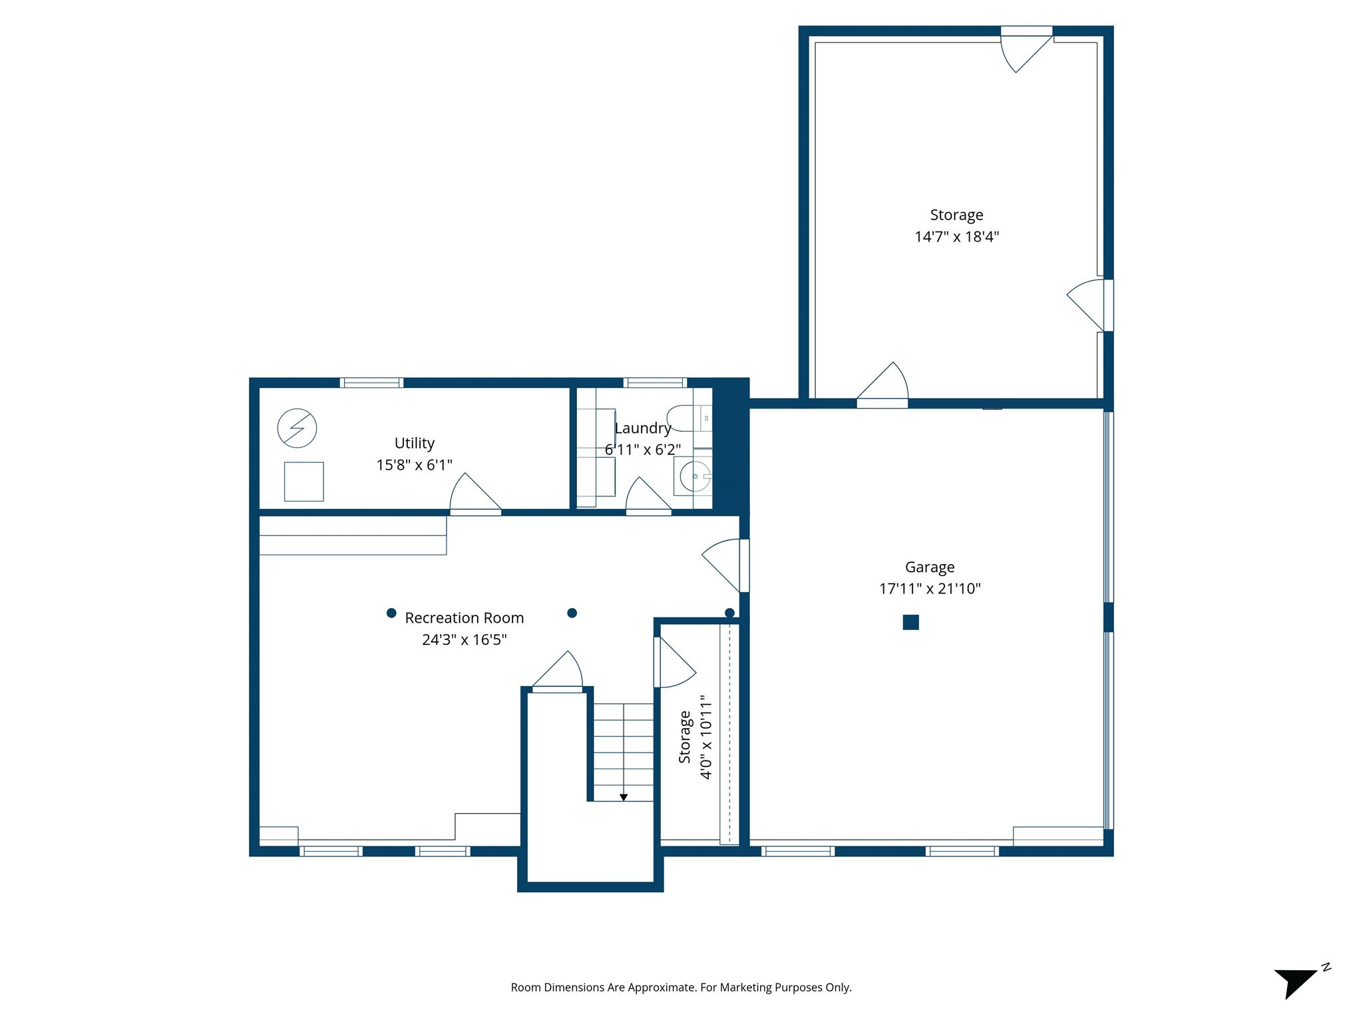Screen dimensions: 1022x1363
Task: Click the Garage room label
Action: [929, 567]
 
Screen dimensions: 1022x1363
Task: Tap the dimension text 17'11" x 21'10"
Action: [929, 588]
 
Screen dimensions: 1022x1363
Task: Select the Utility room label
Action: [414, 443]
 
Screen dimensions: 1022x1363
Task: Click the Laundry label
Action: [642, 428]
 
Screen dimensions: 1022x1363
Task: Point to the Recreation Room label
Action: [464, 618]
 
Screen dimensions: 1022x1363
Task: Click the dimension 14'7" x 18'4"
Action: [956, 237]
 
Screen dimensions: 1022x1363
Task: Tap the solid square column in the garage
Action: [910, 622]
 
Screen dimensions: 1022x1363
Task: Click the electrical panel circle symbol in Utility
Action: [297, 428]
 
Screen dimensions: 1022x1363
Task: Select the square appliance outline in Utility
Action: [303, 481]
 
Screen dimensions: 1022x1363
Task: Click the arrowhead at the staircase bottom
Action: [624, 797]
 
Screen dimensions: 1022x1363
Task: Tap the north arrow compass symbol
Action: [1296, 983]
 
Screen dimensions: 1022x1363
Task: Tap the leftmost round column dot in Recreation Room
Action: [391, 613]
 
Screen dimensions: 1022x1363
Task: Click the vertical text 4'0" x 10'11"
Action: [706, 737]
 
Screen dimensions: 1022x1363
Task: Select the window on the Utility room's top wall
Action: [371, 383]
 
